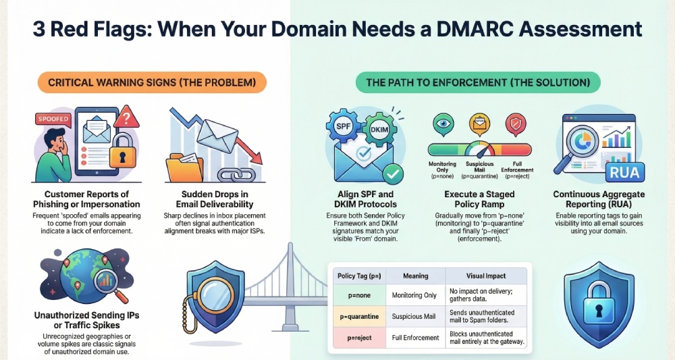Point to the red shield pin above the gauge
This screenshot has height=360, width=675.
tap(516, 123)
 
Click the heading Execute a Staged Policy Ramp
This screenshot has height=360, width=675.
tap(479, 199)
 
